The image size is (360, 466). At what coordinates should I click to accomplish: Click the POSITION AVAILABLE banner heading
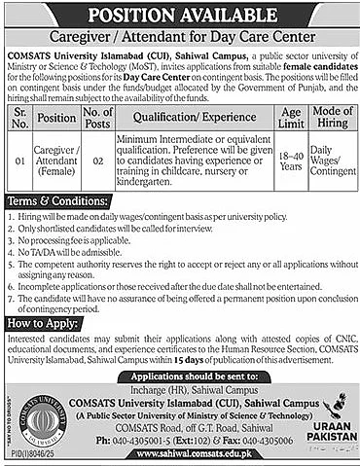180,14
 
